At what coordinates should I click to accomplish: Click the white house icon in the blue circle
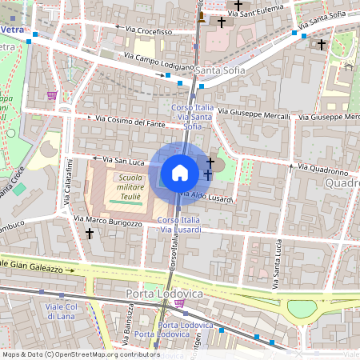tap(180, 173)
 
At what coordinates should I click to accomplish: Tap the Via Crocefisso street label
tap(144, 30)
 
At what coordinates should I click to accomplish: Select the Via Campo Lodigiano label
tap(159, 62)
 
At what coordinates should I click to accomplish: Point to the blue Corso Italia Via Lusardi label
tap(179, 225)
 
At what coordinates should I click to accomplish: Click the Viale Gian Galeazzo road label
tap(32, 264)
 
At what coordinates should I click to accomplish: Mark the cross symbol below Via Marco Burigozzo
tap(90, 234)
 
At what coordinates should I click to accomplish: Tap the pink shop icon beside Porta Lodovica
tap(180, 303)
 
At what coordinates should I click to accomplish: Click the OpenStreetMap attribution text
tap(81, 354)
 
